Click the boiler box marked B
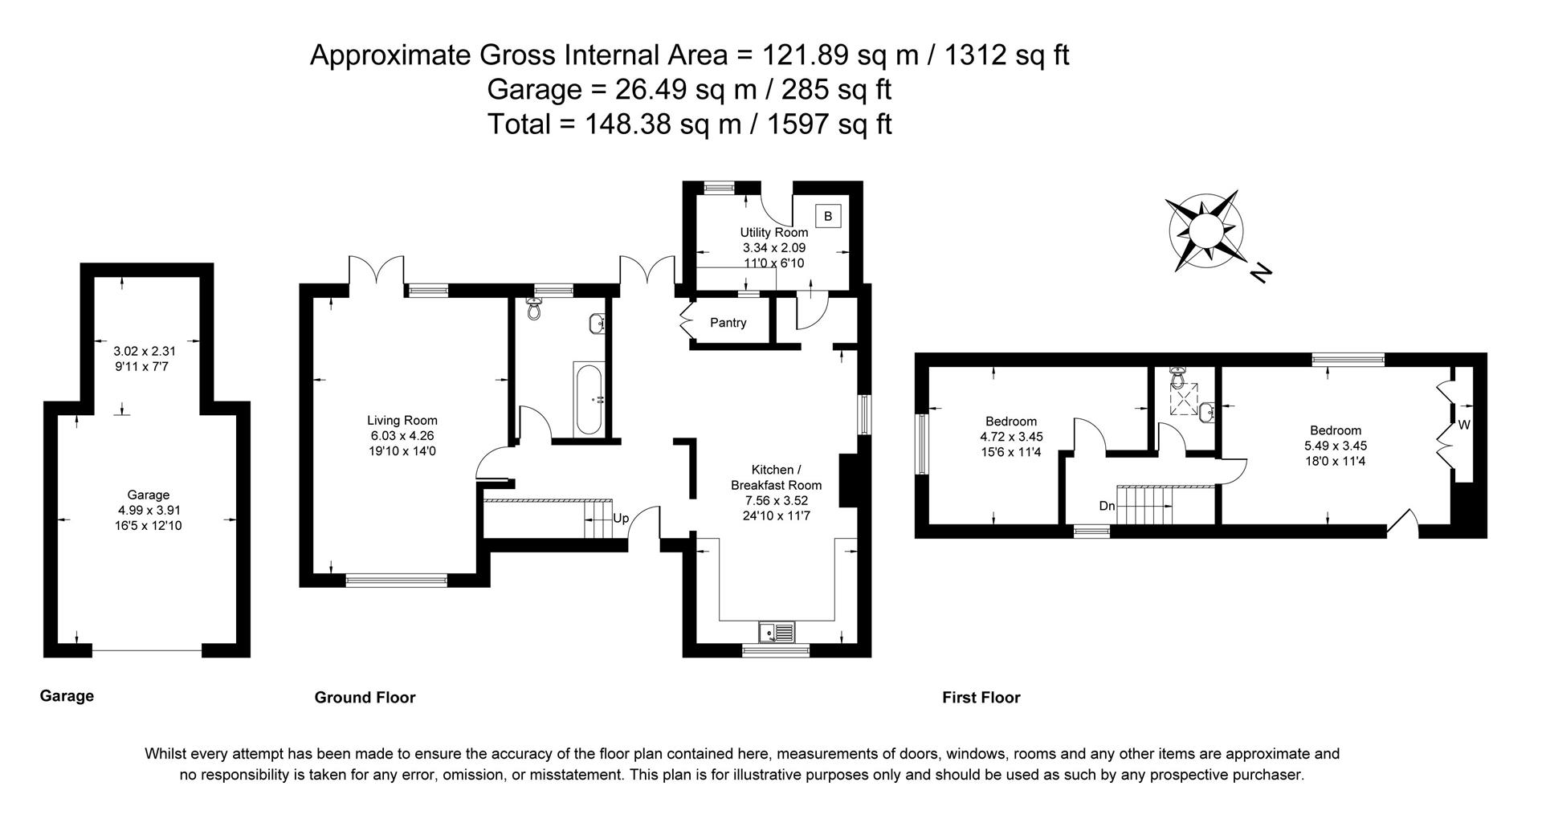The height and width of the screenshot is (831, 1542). pyautogui.click(x=828, y=216)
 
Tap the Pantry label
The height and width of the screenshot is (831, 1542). pyautogui.click(x=728, y=323)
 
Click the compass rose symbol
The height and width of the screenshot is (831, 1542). pyautogui.click(x=1205, y=229)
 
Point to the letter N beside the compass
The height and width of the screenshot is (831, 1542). pyautogui.click(x=1262, y=273)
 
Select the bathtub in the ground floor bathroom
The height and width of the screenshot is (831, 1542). pyautogui.click(x=588, y=399)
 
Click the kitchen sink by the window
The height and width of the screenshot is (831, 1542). pyautogui.click(x=777, y=633)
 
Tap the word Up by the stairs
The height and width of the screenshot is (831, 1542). pyautogui.click(x=621, y=519)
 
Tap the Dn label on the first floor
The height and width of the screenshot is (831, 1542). pyautogui.click(x=1107, y=507)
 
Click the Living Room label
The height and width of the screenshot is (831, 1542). pyautogui.click(x=402, y=420)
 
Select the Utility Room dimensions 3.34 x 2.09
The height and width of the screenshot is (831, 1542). pyautogui.click(x=773, y=248)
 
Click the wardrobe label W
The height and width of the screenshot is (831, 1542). pyautogui.click(x=1463, y=426)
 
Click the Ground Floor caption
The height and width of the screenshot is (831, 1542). pyautogui.click(x=365, y=697)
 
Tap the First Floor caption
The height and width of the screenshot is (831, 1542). pyautogui.click(x=981, y=697)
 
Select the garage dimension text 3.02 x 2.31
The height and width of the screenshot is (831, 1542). pyautogui.click(x=145, y=351)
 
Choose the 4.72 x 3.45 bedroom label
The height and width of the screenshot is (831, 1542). pyautogui.click(x=1010, y=437)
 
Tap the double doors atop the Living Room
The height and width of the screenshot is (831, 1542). pyautogui.click(x=376, y=270)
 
